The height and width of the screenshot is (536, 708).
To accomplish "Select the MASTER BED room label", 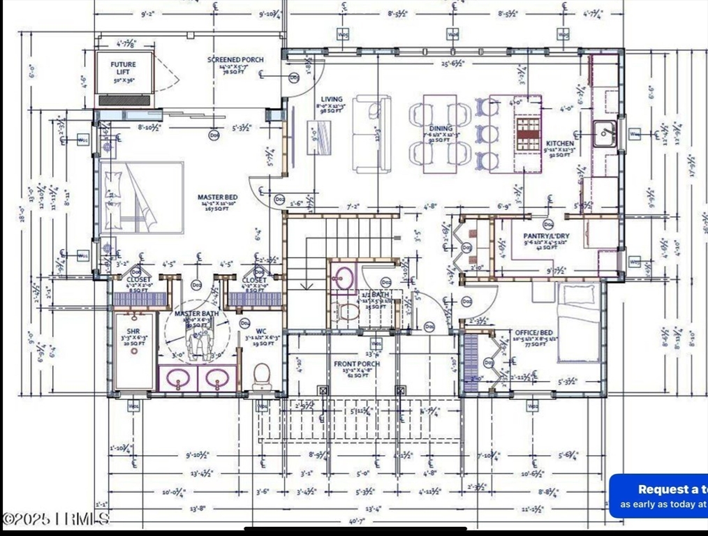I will (x=217, y=198).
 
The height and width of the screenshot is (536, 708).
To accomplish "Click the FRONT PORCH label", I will (x=356, y=364).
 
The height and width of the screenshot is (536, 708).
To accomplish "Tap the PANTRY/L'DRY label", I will (x=546, y=237).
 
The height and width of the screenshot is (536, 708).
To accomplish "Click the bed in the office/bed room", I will (x=578, y=322).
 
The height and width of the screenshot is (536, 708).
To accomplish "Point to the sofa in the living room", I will (x=371, y=135).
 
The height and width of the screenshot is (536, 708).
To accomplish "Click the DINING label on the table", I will (x=441, y=129).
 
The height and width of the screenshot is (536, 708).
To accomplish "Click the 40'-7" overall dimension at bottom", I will (x=356, y=521).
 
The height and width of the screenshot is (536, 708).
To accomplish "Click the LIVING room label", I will (x=332, y=100).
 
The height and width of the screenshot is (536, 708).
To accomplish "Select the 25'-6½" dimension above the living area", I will (x=454, y=64).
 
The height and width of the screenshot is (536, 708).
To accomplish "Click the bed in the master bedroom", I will (x=142, y=198).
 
